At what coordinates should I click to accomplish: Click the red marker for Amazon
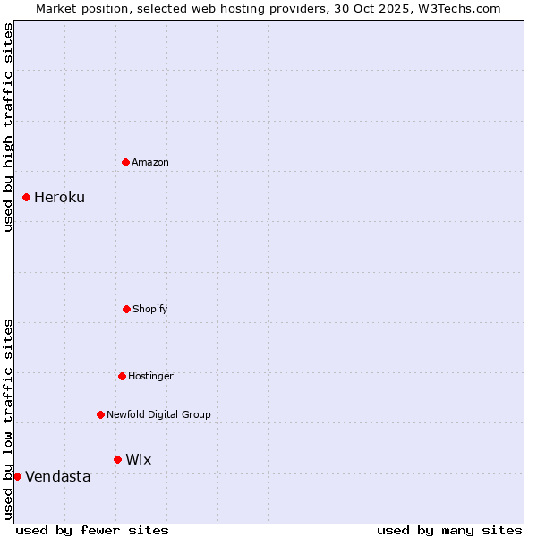126,162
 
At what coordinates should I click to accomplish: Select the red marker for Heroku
27,197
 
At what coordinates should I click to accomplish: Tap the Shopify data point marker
126,309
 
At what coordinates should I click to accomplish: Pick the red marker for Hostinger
122,376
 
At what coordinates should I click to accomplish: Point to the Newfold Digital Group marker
100,414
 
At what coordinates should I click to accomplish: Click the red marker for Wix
117,459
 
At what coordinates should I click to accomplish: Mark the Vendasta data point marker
17,476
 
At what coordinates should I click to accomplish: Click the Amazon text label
150,162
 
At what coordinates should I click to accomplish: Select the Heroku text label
59,198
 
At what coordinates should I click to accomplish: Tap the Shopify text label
150,309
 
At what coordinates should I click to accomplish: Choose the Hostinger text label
150,376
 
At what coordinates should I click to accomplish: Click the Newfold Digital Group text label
158,414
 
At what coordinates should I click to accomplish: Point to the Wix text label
139,460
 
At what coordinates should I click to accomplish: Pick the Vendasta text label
58,477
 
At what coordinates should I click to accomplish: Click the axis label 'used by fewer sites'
92,530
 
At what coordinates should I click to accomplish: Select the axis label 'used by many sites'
449,530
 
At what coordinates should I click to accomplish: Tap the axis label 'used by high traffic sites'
9,127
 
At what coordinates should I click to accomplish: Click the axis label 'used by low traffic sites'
9,418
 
